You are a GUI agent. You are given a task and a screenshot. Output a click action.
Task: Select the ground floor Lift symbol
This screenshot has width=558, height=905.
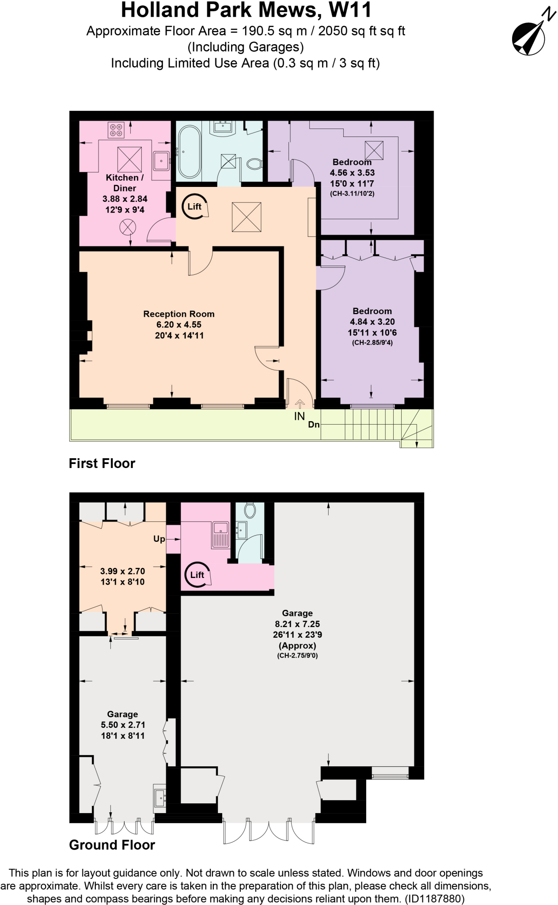pyautogui.click(x=197, y=574)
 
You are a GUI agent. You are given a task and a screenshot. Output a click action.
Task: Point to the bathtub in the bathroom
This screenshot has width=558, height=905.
pyautogui.click(x=190, y=152)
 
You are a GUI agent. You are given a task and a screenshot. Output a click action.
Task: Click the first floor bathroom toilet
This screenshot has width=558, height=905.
pyautogui.click(x=254, y=164)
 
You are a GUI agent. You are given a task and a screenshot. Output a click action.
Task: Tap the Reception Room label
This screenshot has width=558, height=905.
pyautogui.click(x=178, y=314)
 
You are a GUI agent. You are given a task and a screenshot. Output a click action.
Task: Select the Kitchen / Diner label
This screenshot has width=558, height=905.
pyautogui.click(x=125, y=183)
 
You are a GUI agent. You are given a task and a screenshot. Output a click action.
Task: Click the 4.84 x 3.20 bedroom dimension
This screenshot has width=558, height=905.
pyautogui.click(x=372, y=322)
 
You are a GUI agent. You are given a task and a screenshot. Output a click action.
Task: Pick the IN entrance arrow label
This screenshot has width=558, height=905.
pyautogui.click(x=300, y=416)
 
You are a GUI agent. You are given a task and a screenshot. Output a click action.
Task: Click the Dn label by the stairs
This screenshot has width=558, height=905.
pyautogui.click(x=314, y=425)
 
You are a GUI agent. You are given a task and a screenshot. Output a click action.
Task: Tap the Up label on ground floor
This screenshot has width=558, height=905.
pyautogui.click(x=159, y=539)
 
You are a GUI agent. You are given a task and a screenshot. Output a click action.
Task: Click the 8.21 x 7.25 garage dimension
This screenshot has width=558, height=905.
pyautogui.click(x=297, y=624)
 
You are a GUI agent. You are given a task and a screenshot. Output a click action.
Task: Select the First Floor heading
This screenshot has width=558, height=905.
pyautogui.click(x=102, y=463)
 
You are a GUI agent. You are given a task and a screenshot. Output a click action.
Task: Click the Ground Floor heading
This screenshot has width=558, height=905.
pyautogui.click(x=112, y=845)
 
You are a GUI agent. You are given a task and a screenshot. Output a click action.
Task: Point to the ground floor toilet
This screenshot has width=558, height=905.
pyautogui.click(x=250, y=510)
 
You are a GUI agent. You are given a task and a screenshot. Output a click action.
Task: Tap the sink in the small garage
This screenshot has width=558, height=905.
pyautogui.click(x=160, y=798)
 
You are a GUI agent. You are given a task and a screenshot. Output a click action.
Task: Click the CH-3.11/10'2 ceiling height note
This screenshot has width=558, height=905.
pyautogui.click(x=352, y=194)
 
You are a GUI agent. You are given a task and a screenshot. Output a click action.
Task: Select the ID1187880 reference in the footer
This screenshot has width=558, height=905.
pyautogui.click(x=434, y=899)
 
